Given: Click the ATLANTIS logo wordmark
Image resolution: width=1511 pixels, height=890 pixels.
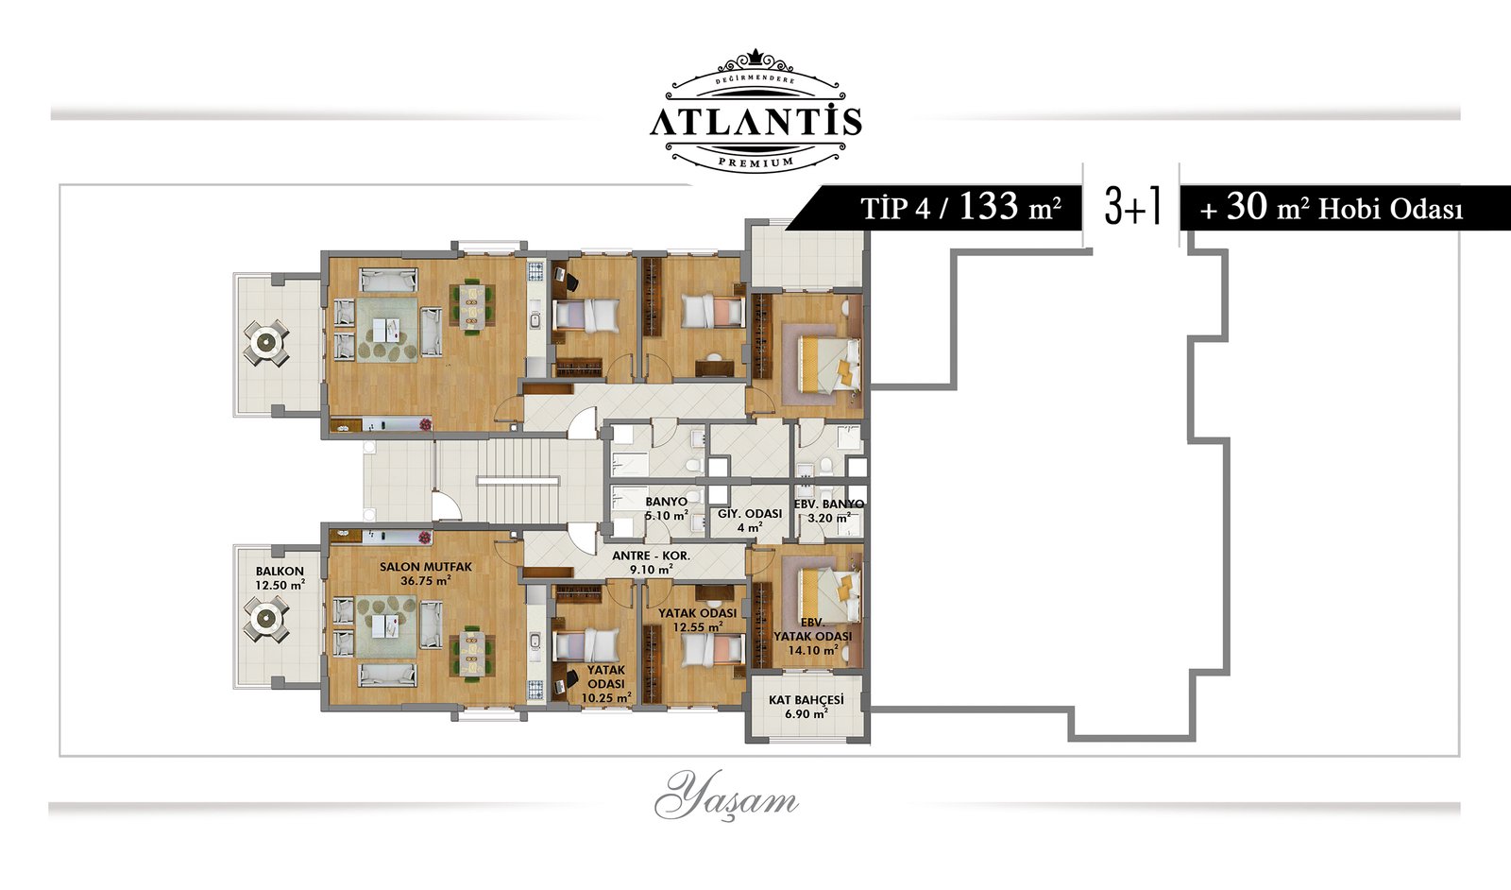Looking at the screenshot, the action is click(x=755, y=122).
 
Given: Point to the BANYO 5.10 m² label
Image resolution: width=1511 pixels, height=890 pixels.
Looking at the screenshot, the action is click(x=667, y=508).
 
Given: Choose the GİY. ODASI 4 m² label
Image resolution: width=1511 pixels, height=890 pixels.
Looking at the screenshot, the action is click(x=750, y=521).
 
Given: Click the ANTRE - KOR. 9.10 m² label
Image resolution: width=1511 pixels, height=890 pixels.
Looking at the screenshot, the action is click(x=651, y=563).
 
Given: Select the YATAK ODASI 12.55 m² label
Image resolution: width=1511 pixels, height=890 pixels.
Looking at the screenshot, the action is click(x=697, y=620).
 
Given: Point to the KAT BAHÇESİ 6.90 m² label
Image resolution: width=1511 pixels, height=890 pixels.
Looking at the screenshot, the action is click(x=806, y=707).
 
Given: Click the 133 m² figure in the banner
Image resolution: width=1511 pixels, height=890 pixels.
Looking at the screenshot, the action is click(x=1010, y=207).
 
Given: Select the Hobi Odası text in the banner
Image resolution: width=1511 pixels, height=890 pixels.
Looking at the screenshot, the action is click(x=1390, y=210).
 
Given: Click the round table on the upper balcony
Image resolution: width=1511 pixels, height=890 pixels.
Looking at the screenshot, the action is click(x=265, y=342).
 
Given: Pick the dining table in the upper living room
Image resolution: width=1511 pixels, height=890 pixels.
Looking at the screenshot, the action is click(x=472, y=307).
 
